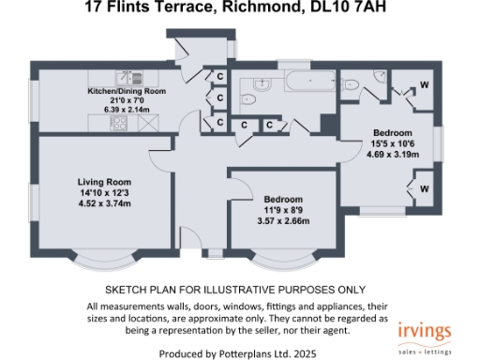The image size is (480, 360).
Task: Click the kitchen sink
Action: click(123, 76)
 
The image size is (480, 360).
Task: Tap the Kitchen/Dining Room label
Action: click(127, 91)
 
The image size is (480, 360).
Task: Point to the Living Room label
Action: click(103, 181)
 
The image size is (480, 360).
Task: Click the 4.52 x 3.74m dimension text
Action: click(103, 202)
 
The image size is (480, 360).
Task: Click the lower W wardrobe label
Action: click(425, 187)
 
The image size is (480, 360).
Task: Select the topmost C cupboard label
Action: click(218, 76)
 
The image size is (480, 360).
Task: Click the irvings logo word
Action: click(425, 332)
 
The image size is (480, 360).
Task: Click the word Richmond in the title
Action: click(275, 9)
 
